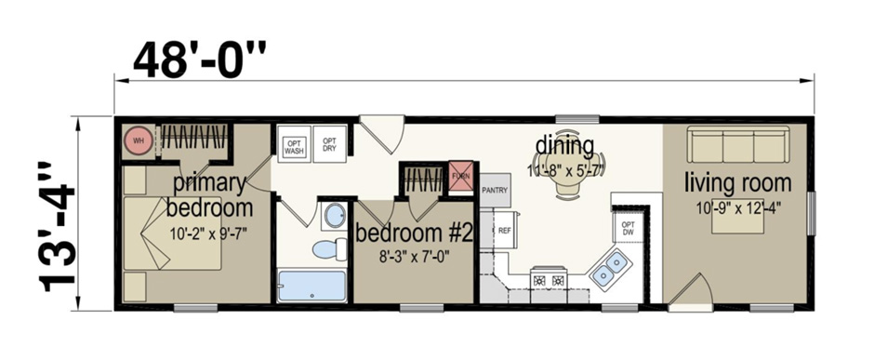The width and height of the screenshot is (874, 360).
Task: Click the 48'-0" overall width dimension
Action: [x=199, y=60]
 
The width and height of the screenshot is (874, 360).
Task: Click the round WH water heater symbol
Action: [x=139, y=141]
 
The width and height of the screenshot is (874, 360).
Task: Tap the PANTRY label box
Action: [x=496, y=190]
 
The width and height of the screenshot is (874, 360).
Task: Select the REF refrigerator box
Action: [x=504, y=230]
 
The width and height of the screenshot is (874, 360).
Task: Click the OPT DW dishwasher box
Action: [x=628, y=227]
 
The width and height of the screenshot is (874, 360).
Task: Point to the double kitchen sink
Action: [x=609, y=271]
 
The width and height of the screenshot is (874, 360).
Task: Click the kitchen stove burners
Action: [x=548, y=279]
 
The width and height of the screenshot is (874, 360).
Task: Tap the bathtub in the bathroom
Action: [x=311, y=284]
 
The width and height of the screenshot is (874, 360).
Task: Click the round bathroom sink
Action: [x=333, y=218]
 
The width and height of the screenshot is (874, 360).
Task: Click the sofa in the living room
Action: [x=737, y=147]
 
